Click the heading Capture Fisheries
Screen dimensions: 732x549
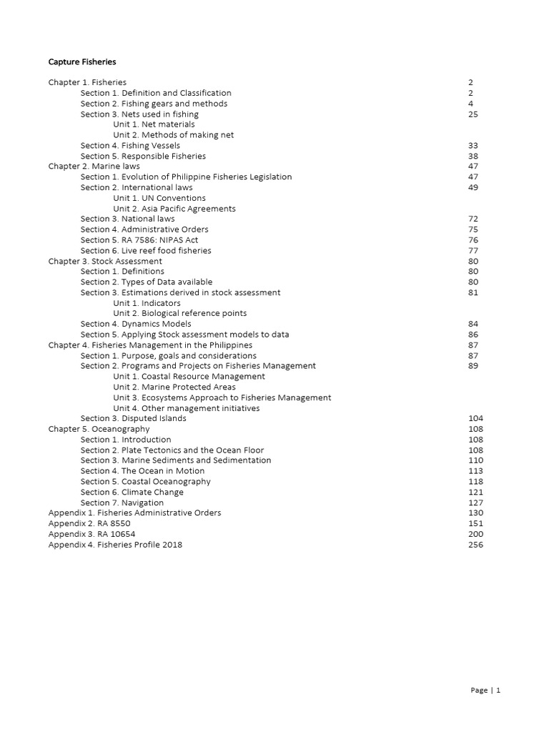(x=82, y=62)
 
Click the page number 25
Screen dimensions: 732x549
(x=473, y=114)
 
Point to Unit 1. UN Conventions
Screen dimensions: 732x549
(x=159, y=198)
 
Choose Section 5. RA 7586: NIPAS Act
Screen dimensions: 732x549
(x=139, y=240)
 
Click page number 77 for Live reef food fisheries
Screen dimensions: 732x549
(x=473, y=251)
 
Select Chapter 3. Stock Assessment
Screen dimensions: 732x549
(x=105, y=262)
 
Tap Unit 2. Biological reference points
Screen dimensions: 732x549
(x=180, y=314)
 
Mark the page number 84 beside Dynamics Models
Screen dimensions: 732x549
(x=473, y=325)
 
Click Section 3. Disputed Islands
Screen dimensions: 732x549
(x=134, y=419)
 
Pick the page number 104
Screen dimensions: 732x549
(x=475, y=419)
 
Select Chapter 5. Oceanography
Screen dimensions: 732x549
(x=99, y=430)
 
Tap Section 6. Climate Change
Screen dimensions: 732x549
(x=132, y=493)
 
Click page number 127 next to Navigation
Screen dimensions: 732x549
(x=475, y=503)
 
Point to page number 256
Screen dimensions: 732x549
(x=475, y=545)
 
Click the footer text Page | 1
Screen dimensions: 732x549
(x=485, y=691)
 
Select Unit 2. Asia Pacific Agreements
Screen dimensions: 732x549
(x=174, y=209)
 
